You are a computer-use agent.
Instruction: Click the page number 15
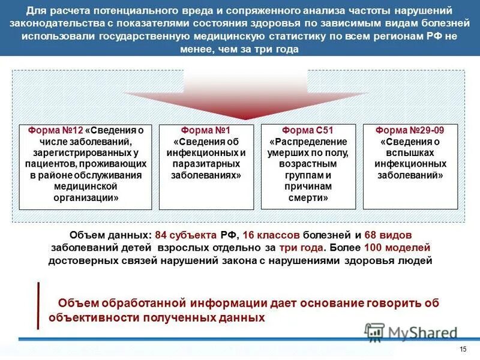point(462,350)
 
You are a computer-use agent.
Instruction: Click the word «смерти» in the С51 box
point(308,197)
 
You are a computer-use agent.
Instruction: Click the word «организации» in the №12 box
point(85,197)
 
